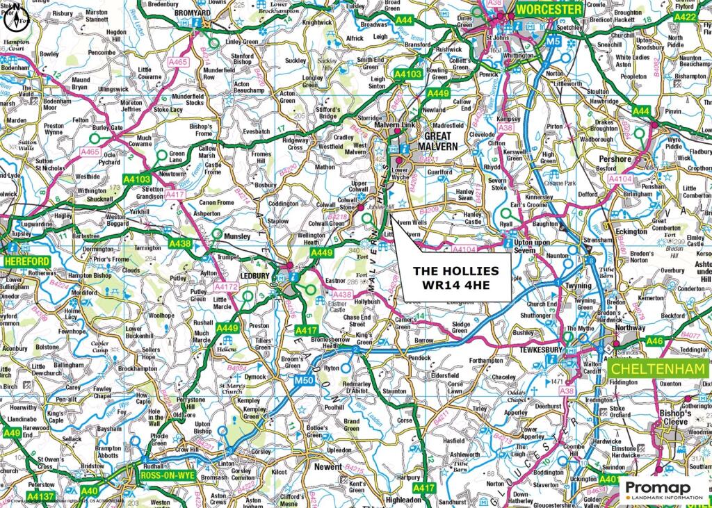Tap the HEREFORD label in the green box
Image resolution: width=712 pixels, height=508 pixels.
point(26,261)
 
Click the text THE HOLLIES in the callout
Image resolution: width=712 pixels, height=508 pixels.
point(456,270)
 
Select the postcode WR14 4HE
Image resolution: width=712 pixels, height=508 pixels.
point(456,284)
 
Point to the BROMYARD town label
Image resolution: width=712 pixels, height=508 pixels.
point(193,13)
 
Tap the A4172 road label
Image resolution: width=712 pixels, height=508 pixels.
point(226,286)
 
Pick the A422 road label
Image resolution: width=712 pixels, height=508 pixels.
point(685,17)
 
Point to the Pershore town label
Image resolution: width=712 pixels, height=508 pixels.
point(615,158)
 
